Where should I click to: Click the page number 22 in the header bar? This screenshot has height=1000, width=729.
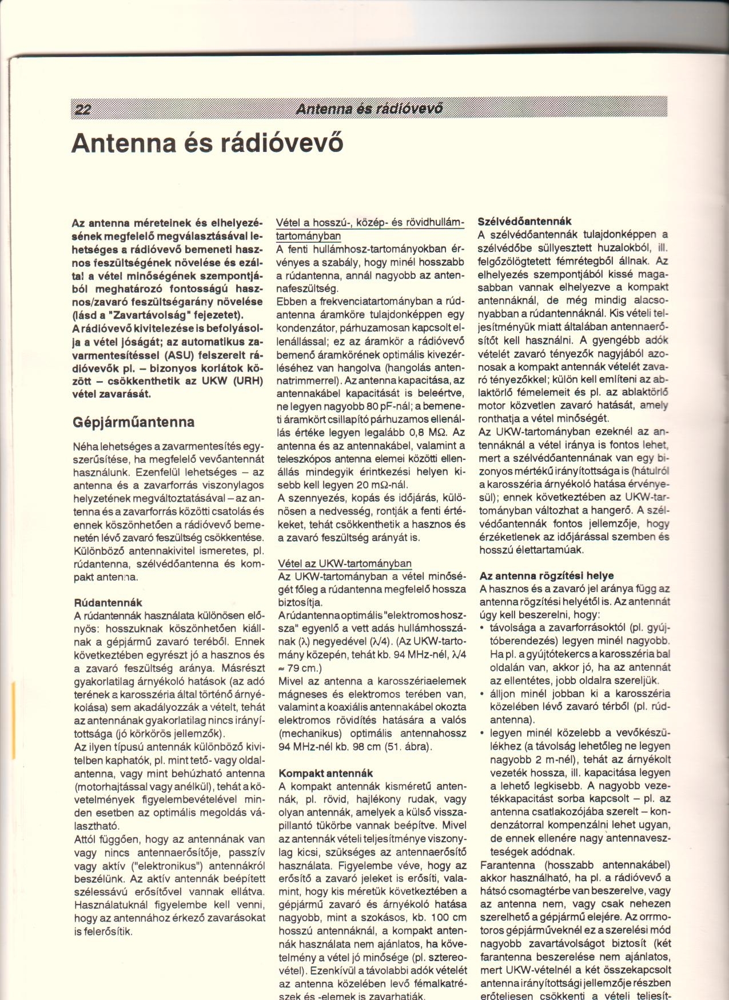coord(83,110)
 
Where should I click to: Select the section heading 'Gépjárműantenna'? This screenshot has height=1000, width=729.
coord(134,422)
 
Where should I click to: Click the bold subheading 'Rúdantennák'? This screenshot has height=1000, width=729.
coord(109,602)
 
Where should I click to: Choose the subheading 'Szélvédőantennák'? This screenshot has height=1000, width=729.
coord(524,221)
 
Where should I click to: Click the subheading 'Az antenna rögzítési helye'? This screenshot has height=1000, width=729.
coord(547,575)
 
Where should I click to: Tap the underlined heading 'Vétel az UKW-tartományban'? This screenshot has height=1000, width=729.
coord(344,563)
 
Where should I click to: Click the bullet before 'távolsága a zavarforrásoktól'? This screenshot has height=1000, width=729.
coord(483,628)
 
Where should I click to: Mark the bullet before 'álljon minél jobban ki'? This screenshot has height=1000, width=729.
coord(483,694)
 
